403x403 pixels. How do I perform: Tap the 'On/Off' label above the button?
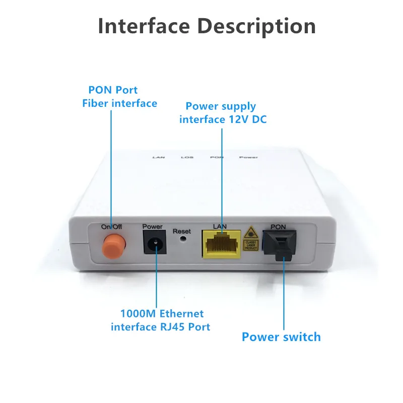(x=111, y=227)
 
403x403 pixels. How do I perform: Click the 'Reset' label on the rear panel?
(x=182, y=231)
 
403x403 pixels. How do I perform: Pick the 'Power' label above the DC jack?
(x=153, y=227)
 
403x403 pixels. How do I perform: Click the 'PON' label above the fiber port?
(x=278, y=227)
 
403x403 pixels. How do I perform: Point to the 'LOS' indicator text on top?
(x=187, y=157)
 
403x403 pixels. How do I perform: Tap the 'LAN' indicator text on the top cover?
(x=158, y=157)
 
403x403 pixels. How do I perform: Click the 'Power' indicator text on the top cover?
(x=248, y=157)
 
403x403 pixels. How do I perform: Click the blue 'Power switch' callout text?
(x=281, y=337)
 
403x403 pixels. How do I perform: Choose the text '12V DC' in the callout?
(x=251, y=119)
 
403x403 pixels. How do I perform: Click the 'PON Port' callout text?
(x=113, y=90)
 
